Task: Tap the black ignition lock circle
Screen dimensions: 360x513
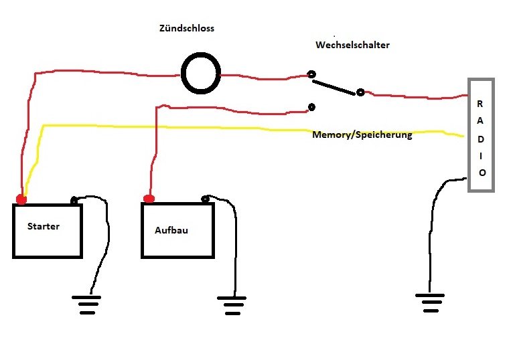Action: point(201,74)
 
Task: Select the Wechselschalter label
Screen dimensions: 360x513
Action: point(352,46)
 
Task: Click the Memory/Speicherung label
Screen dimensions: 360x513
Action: point(362,135)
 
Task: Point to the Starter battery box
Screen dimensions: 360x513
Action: point(47,231)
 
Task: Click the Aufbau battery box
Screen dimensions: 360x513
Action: point(177,230)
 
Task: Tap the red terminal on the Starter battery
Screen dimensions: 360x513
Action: point(21,199)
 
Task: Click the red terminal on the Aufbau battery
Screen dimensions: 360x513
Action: point(149,198)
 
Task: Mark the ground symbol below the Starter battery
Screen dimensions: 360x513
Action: point(86,304)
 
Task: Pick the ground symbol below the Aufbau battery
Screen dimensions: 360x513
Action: point(232,304)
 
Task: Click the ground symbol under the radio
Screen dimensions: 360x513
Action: point(429,302)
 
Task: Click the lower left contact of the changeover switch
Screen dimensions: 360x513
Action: point(311,106)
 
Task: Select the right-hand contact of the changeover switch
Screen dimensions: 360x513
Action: point(360,92)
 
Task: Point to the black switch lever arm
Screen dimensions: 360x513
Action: point(335,86)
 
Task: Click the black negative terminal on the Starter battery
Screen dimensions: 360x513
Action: point(74,199)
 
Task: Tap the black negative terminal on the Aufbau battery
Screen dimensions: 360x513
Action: point(206,199)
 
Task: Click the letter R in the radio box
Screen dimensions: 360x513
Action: point(480,104)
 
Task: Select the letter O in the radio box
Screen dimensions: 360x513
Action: point(482,172)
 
